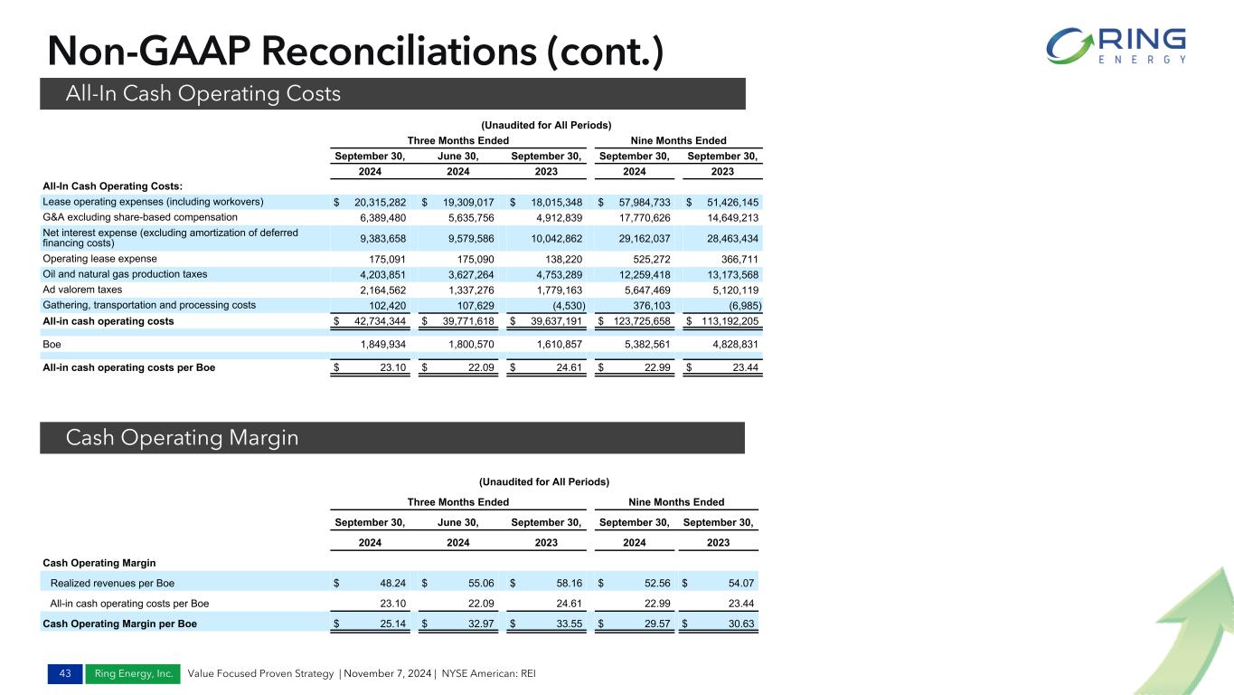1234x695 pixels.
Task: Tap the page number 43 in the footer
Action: click(x=63, y=674)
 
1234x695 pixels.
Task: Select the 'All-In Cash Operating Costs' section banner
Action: click(x=391, y=93)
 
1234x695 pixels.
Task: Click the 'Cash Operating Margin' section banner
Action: click(x=391, y=438)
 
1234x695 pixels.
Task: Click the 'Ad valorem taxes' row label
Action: click(x=84, y=290)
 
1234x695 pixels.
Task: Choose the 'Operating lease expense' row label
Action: click(x=100, y=258)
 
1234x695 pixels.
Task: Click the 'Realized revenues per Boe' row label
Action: click(x=112, y=584)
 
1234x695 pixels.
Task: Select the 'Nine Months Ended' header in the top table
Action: click(x=678, y=140)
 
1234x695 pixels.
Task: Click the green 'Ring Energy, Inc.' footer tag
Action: click(x=132, y=674)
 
